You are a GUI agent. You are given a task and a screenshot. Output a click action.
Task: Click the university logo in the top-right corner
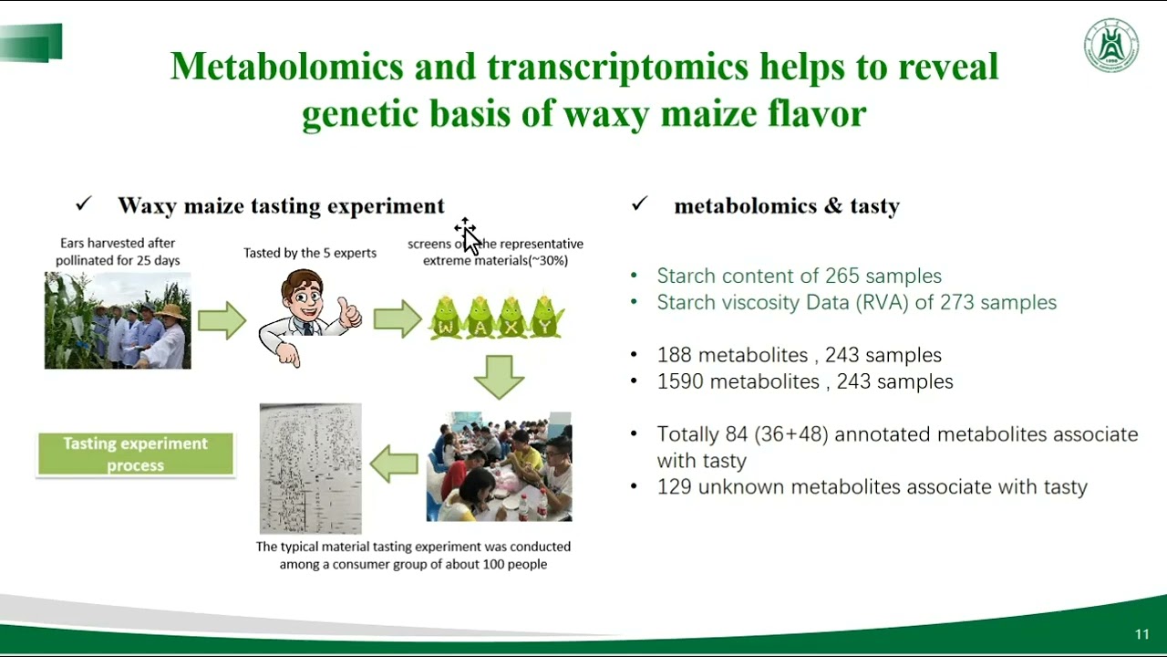click(x=1110, y=46)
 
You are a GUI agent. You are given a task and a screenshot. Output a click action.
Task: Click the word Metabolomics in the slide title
click(x=286, y=67)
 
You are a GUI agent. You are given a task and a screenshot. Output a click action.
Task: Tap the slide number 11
click(x=1141, y=634)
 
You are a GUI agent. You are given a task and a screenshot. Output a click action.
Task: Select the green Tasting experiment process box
click(x=135, y=454)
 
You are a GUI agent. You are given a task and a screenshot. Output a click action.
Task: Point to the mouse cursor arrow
click(x=469, y=236)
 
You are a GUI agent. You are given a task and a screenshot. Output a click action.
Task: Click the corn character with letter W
click(x=446, y=318)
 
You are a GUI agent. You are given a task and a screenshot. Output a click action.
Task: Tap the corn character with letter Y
click(x=546, y=318)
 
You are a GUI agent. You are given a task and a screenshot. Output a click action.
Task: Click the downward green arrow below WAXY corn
click(x=499, y=376)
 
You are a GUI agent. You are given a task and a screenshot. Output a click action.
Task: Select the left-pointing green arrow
click(x=393, y=464)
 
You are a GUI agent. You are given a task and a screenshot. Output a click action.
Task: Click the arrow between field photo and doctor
click(x=222, y=320)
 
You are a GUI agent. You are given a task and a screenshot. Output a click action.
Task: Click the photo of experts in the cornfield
click(x=118, y=320)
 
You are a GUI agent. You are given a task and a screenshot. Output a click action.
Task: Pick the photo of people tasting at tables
click(x=499, y=466)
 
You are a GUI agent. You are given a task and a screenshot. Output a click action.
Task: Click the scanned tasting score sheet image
click(x=310, y=468)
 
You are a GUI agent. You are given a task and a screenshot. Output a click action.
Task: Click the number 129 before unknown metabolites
click(x=675, y=486)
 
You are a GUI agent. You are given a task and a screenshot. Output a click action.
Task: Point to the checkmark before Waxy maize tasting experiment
click(x=84, y=204)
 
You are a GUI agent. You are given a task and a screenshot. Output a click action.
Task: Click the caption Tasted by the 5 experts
click(x=310, y=253)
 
